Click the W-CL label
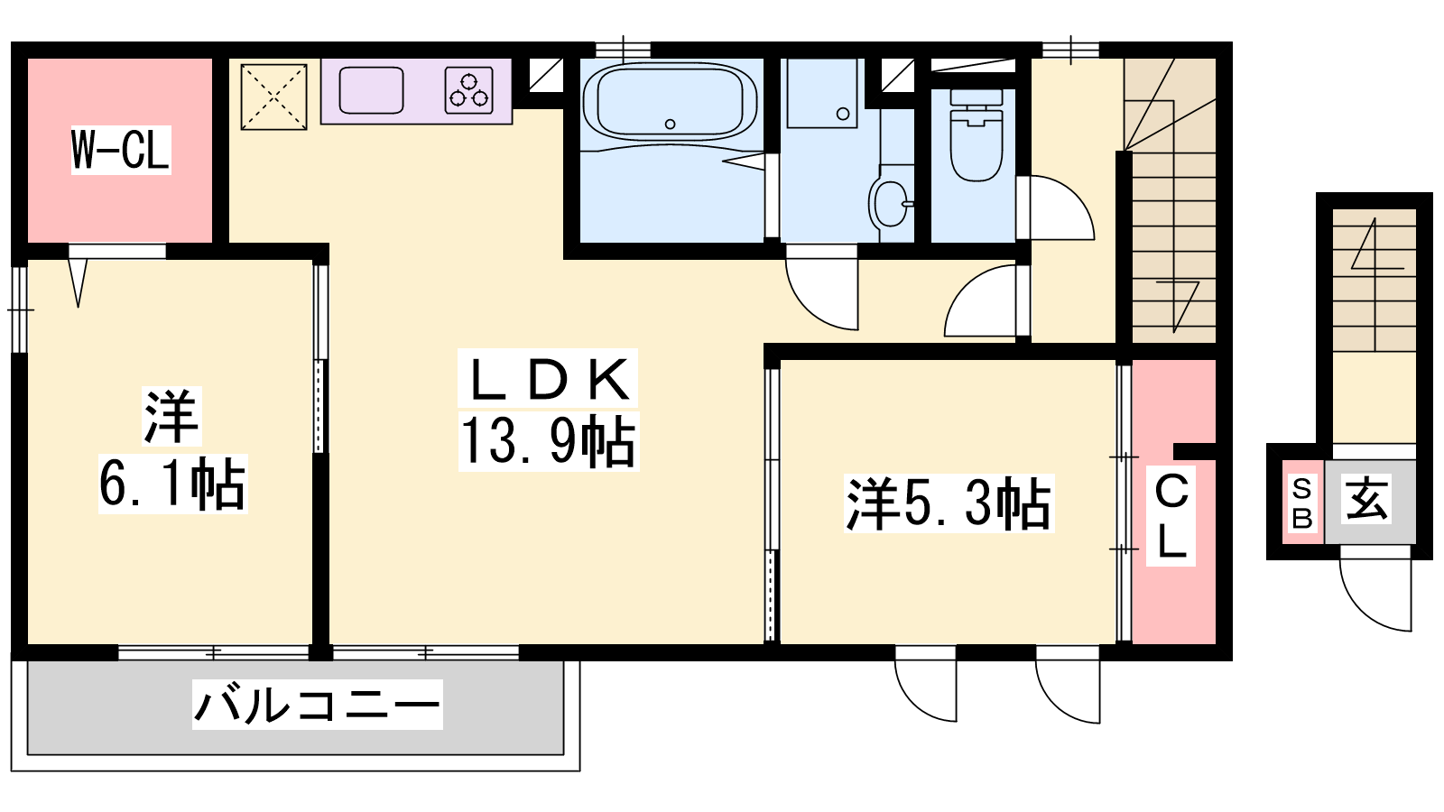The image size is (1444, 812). [x=121, y=150]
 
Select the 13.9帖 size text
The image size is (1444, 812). [x=549, y=441]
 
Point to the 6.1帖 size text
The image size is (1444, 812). [x=172, y=484]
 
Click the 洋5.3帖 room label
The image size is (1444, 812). [x=949, y=504]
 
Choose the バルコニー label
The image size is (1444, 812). [x=317, y=705]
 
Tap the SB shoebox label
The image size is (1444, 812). [x=1302, y=503]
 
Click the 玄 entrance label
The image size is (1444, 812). [x=1366, y=498]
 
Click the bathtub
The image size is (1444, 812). [x=671, y=102]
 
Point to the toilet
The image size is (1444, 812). [x=977, y=134]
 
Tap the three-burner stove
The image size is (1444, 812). [x=468, y=91]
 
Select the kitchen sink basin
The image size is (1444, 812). [x=371, y=90]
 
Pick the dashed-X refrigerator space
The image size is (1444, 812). [x=274, y=97]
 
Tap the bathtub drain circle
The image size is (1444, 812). [x=671, y=124]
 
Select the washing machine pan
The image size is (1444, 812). [x=822, y=94]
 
